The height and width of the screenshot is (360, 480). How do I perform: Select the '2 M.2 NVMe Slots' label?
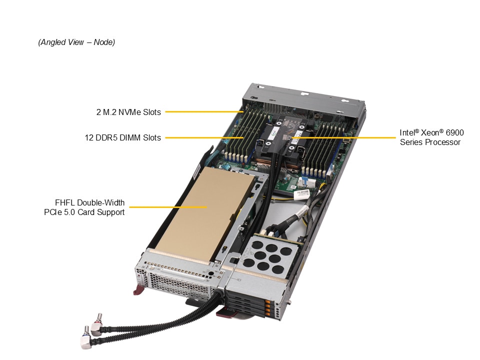tap(128, 112)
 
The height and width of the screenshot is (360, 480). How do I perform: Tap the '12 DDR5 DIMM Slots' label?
tap(122, 137)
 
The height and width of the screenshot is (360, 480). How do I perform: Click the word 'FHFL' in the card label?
tap(65, 203)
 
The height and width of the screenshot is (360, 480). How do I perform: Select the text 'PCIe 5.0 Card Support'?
tap(84, 212)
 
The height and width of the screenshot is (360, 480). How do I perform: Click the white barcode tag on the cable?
tap(301, 192)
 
